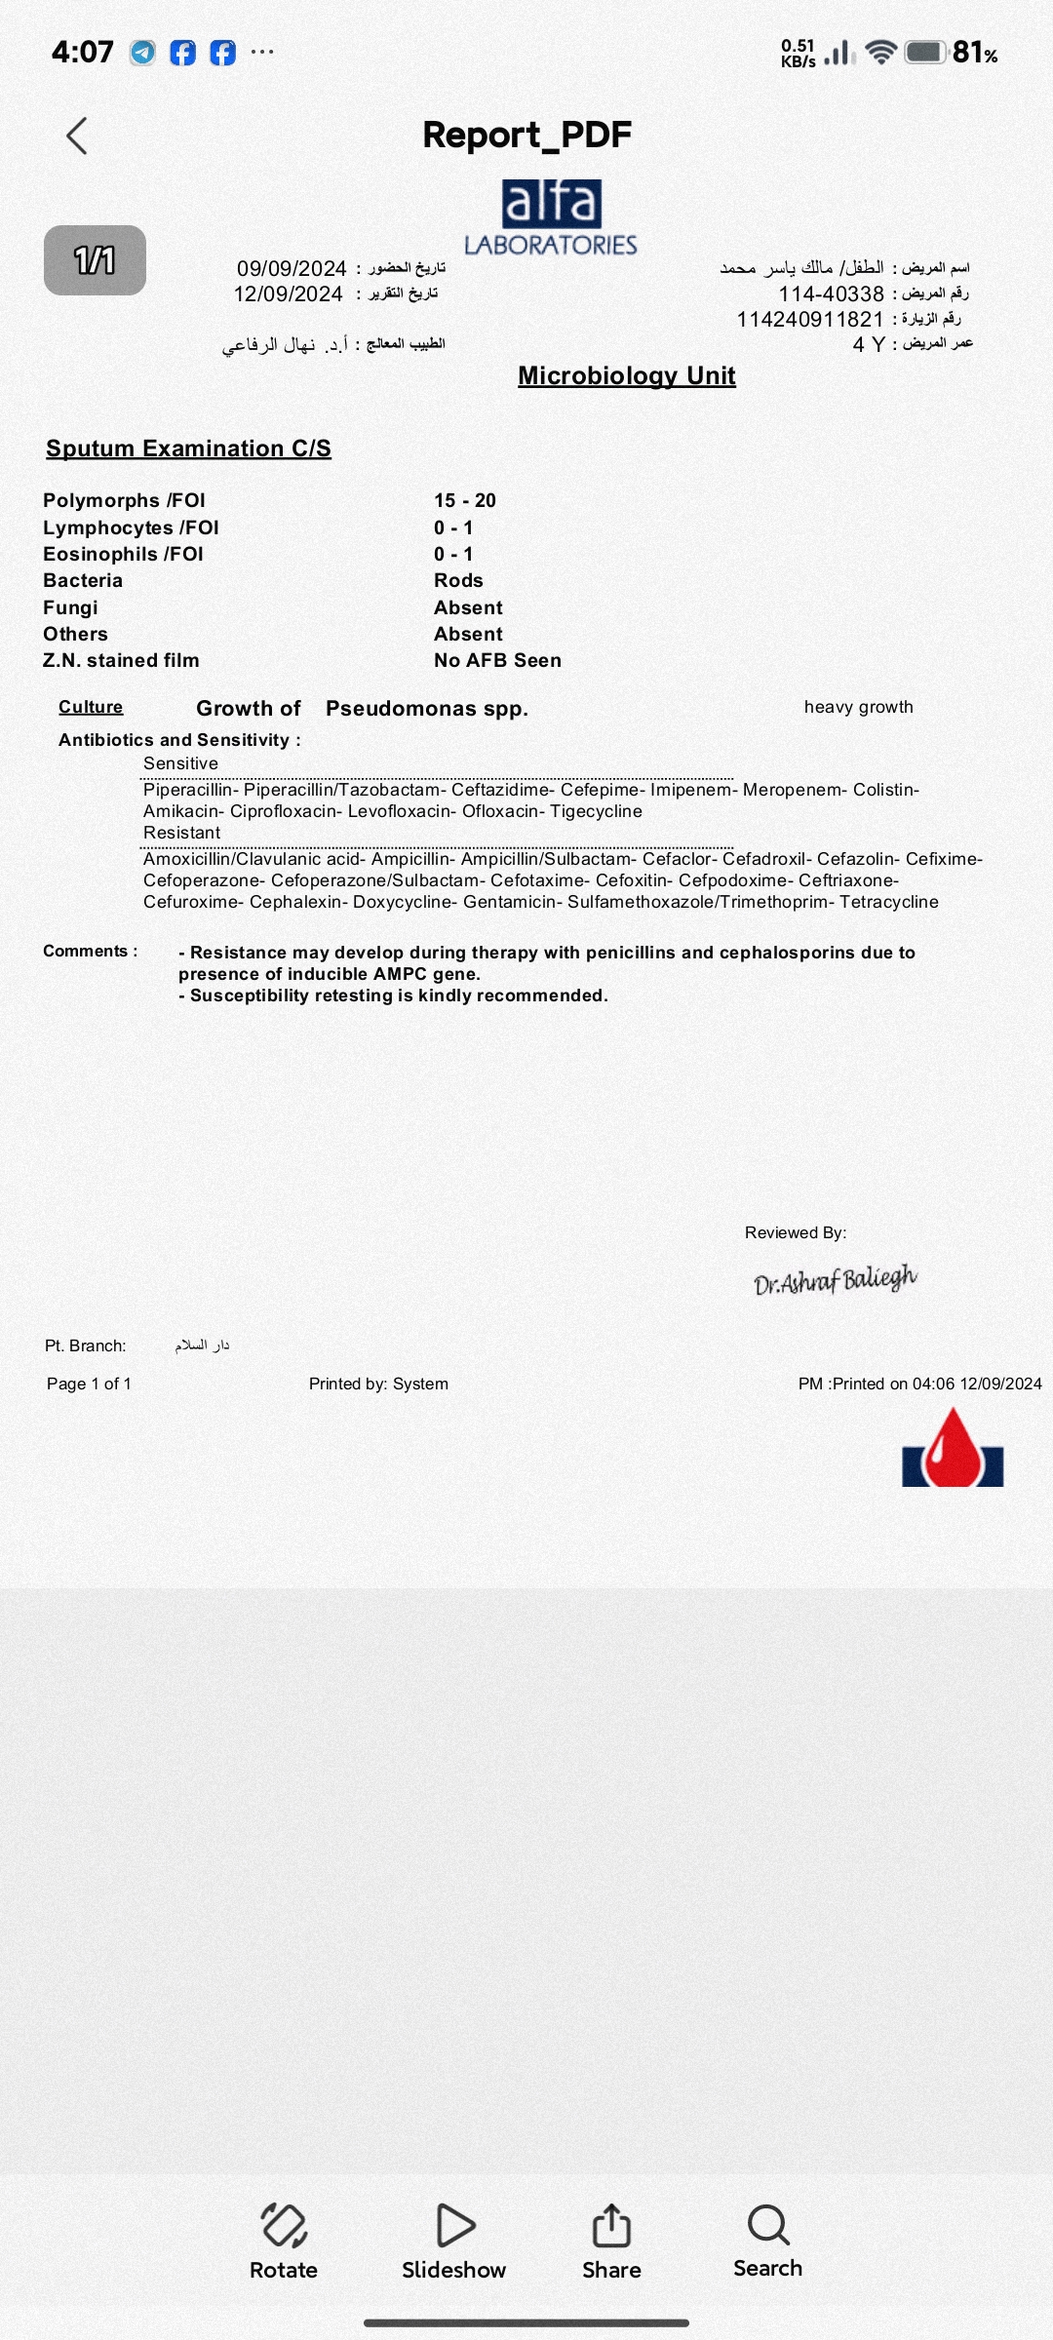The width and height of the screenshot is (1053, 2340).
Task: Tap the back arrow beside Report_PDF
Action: [77, 136]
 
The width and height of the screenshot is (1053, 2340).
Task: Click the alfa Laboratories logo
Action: [551, 217]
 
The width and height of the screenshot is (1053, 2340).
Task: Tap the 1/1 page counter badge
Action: [95, 260]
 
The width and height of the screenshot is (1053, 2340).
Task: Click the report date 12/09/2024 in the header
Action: [289, 294]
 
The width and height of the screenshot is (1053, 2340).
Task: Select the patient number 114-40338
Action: [831, 293]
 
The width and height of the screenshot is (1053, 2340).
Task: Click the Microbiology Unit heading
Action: [626, 375]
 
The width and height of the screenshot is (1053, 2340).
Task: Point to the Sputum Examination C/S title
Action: [188, 448]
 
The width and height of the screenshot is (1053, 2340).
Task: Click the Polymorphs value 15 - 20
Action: [465, 500]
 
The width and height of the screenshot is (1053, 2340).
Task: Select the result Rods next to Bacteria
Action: [458, 580]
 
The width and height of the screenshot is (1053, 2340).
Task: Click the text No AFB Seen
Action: [497, 660]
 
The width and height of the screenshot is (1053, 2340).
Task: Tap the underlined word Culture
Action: [91, 707]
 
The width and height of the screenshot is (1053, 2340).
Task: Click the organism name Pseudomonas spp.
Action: [426, 709]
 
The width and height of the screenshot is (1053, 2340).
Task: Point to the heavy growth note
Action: [858, 707]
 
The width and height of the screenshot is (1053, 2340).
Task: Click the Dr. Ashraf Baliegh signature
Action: [835, 1279]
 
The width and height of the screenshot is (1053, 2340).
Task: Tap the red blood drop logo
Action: [953, 1449]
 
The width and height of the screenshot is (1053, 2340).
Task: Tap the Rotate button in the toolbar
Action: [284, 2241]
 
